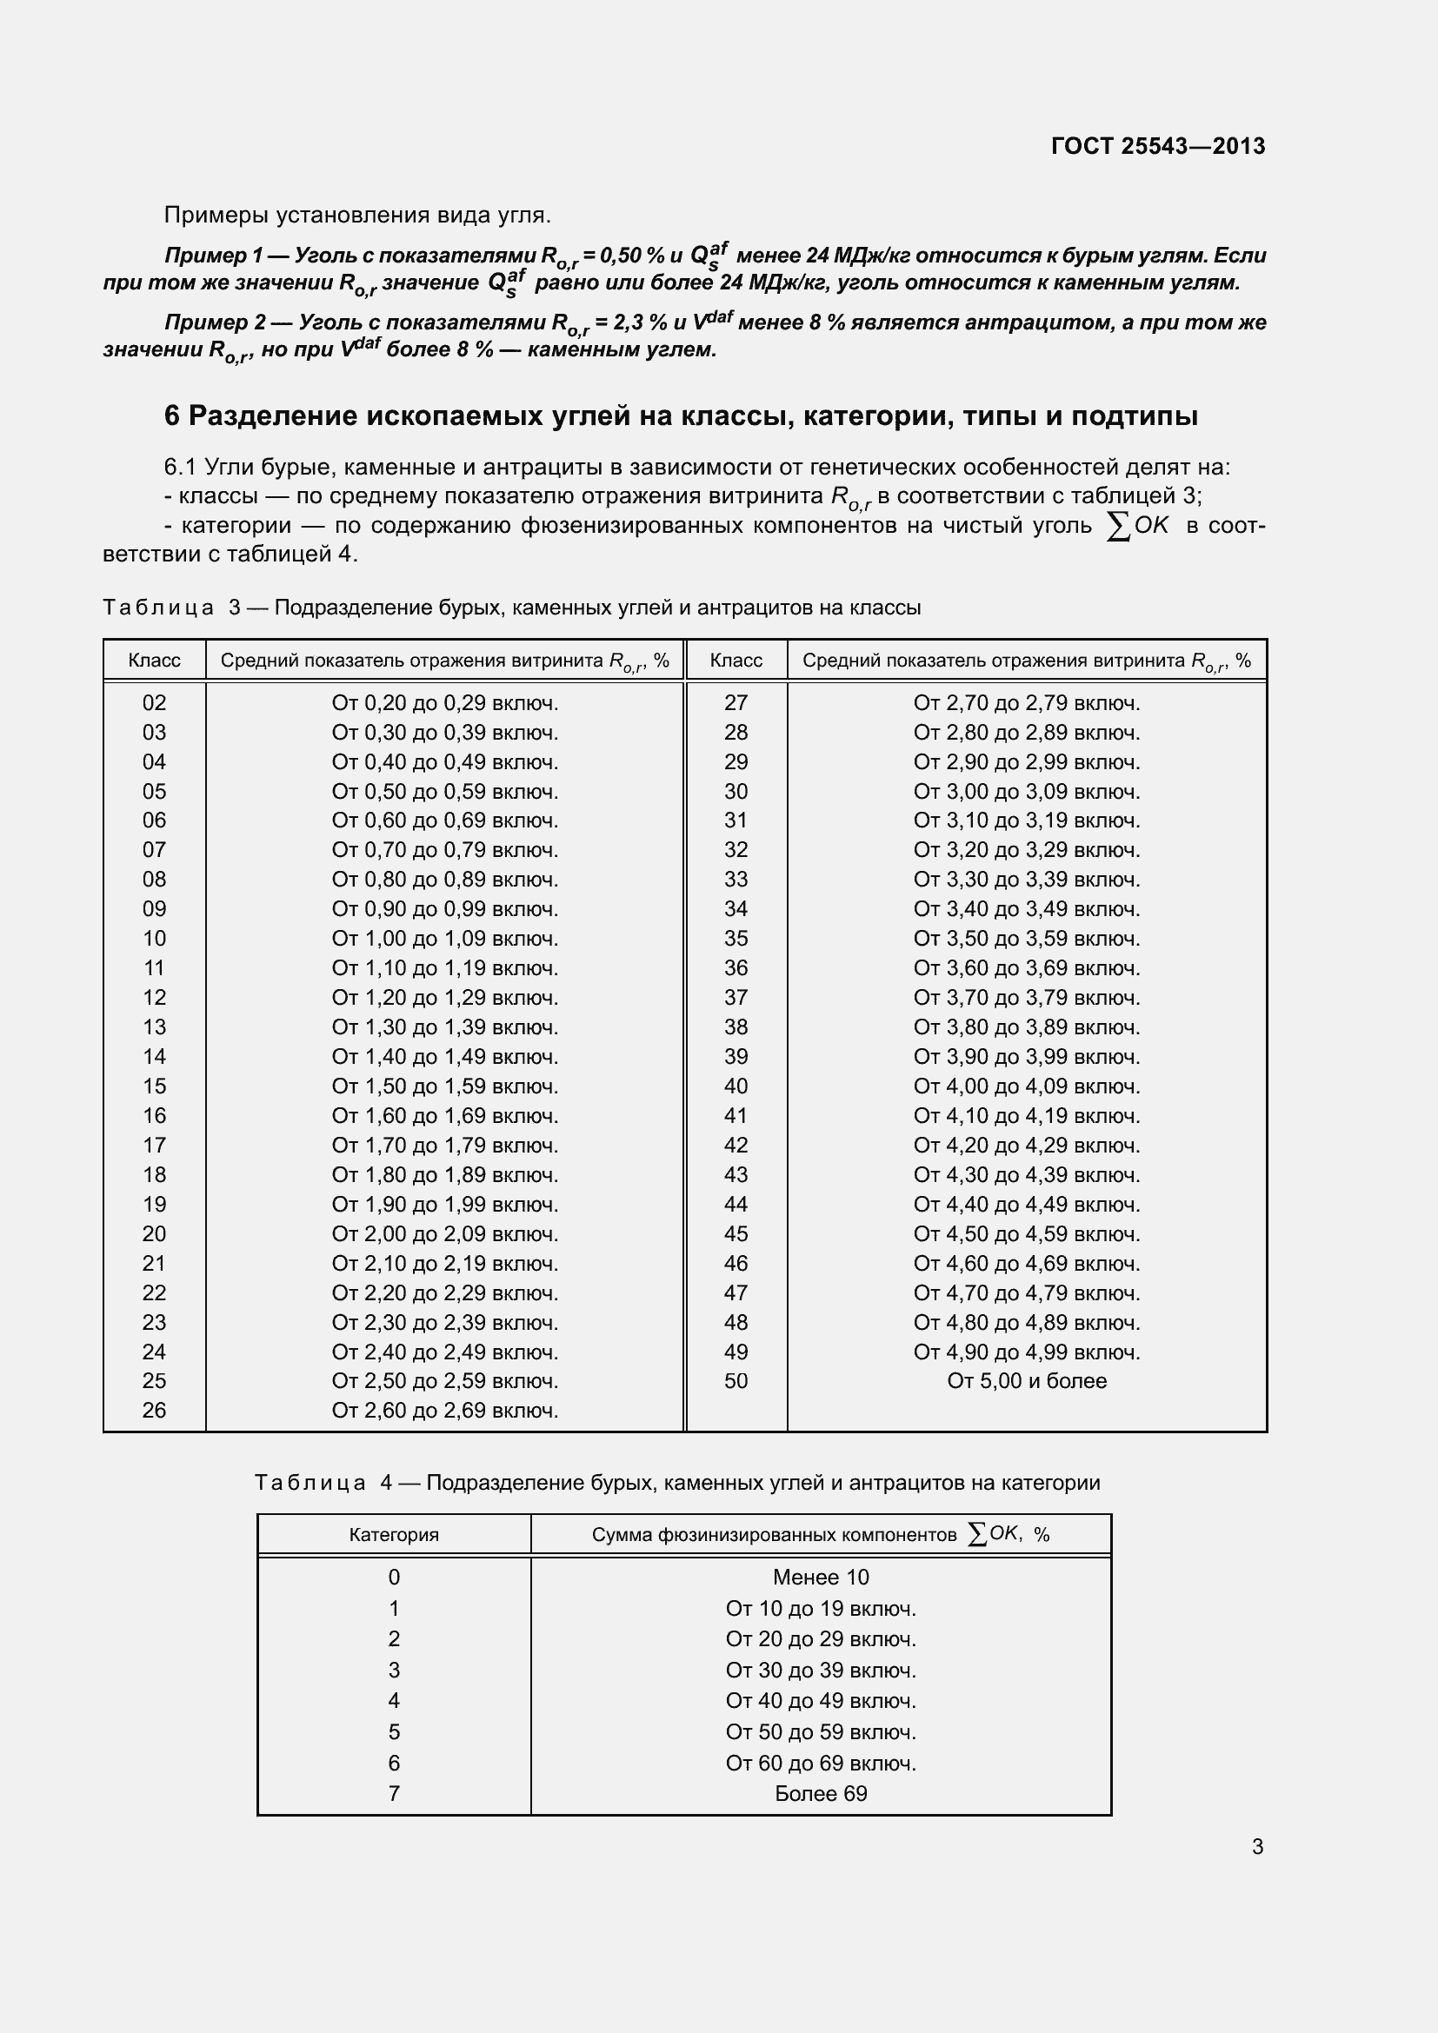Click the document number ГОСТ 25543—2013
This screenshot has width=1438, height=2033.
(1157, 146)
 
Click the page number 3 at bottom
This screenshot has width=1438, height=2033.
(1257, 1846)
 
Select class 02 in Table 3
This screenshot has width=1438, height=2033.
(154, 703)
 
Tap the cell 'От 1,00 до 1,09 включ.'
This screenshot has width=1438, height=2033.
(444, 939)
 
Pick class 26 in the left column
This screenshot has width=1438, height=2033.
(154, 1411)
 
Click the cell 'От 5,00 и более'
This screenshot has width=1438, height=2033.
(1026, 1381)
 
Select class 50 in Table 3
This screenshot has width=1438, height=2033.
(736, 1381)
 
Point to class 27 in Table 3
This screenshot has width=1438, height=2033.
(736, 703)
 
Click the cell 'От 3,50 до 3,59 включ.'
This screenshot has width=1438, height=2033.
(1026, 939)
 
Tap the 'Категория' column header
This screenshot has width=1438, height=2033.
(394, 1534)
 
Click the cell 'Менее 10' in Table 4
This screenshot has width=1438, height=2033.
(821, 1577)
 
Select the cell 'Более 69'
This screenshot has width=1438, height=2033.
(821, 1793)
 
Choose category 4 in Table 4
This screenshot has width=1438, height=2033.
(394, 1700)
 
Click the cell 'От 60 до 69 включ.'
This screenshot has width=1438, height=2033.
(821, 1763)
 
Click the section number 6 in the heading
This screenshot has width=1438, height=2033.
(172, 416)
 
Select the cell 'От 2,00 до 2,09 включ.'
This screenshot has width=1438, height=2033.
(444, 1233)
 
